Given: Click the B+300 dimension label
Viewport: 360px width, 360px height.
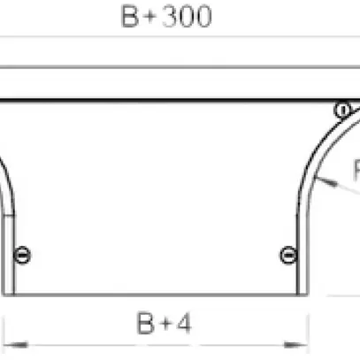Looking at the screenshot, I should pos(166,18).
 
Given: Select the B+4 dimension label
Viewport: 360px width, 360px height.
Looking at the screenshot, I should pos(164,326).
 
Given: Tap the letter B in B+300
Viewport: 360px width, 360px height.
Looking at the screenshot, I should pos(131,18).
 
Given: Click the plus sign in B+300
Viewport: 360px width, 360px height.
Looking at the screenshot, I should pos(150,19).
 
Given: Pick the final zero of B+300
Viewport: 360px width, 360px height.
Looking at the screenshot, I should pos(203,18).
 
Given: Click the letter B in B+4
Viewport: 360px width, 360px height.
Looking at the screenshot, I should pos(146,326).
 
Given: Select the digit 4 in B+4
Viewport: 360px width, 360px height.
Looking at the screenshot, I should pos(183,326).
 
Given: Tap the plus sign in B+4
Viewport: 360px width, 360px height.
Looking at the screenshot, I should pos(165,326).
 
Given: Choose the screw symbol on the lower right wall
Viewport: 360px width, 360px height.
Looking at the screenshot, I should pos(287,256).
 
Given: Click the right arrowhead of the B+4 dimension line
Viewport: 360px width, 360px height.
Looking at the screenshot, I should pos(303,340).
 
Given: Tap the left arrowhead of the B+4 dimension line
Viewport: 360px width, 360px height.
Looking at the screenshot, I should pos(10,340).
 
